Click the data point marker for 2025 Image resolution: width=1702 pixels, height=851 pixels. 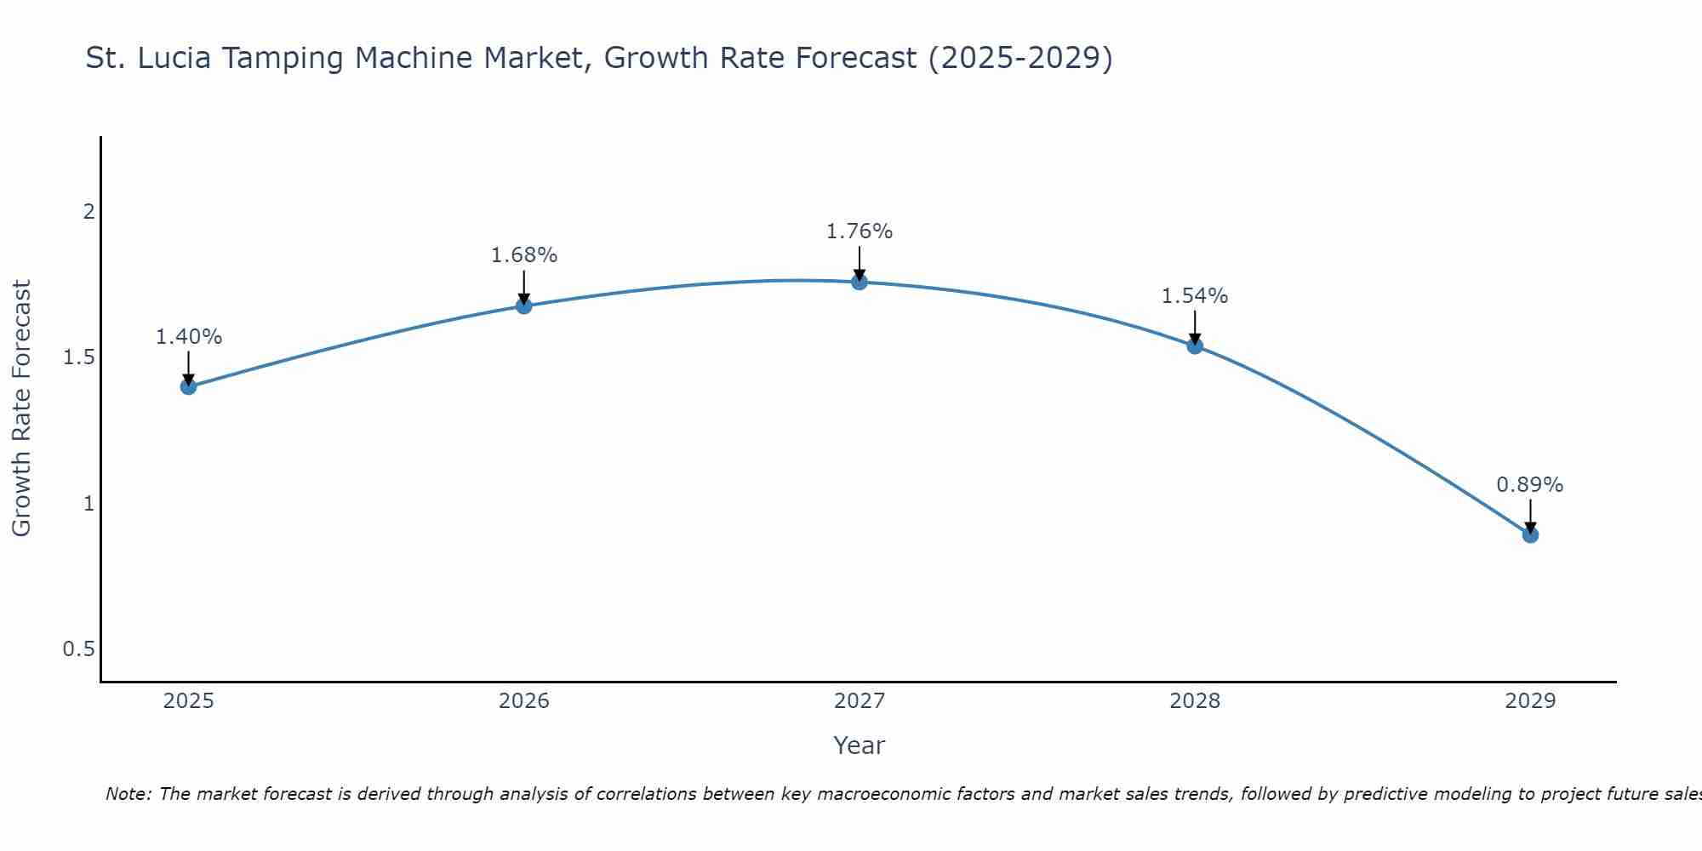pos(188,386)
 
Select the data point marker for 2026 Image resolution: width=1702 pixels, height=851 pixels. pos(524,306)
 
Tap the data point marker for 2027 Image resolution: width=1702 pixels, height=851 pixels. pos(860,282)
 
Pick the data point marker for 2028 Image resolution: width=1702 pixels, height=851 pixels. pos(1195,346)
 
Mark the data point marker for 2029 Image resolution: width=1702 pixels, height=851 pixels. pos(1530,534)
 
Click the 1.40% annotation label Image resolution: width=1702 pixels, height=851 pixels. pos(188,337)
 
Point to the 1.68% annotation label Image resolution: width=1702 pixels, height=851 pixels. pos(524,255)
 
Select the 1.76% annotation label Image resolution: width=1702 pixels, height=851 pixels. pos(860,231)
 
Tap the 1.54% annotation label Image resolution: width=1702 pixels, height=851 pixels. pos(1195,296)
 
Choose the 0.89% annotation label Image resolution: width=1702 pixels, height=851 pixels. pos(1530,485)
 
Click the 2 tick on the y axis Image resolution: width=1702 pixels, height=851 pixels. pos(88,211)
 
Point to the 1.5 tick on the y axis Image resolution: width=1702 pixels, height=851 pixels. pos(78,357)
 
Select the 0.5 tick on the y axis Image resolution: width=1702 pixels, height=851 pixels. pos(78,649)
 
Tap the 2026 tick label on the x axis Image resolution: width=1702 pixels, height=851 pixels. pos(524,701)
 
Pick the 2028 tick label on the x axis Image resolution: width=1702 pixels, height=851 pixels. pos(1195,701)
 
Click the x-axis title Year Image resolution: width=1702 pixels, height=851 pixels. pos(859,745)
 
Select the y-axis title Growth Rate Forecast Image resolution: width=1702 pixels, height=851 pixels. pos(21,408)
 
